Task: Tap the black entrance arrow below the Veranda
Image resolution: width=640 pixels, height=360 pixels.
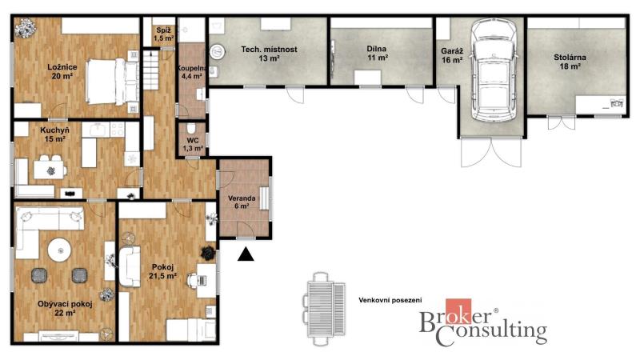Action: pos(246,254)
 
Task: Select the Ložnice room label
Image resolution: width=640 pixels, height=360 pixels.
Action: pos(62,71)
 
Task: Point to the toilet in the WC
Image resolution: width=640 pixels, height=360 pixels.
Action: pos(191,128)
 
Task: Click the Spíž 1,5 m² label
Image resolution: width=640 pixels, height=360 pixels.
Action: pos(164,34)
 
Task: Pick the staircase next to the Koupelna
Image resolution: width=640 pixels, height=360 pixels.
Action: pos(150,70)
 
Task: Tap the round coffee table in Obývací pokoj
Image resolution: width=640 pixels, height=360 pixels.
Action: pos(60,250)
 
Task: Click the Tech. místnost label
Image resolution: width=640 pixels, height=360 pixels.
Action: pos(269,54)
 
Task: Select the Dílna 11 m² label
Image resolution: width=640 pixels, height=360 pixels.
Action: pos(376,53)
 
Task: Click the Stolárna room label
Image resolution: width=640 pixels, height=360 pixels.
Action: pos(570,62)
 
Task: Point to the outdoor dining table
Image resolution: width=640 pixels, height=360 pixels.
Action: pos(321,309)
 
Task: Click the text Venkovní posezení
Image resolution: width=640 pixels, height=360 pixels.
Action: pos(390,300)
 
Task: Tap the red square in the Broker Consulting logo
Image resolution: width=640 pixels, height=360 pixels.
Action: pos(458,311)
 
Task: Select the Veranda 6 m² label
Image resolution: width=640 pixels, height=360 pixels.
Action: pos(242,202)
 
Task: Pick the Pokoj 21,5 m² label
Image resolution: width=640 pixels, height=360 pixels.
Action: pos(163,271)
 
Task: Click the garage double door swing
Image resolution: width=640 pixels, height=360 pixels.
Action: pos(491,152)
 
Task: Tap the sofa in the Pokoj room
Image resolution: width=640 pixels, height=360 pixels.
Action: pos(130,266)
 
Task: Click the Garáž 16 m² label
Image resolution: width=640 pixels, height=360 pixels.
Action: pos(452,55)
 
